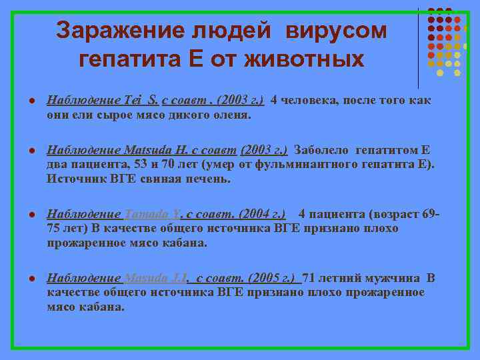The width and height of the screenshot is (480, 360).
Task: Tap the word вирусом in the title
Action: click(337, 30)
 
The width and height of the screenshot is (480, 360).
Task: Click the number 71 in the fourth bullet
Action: click(310, 277)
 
